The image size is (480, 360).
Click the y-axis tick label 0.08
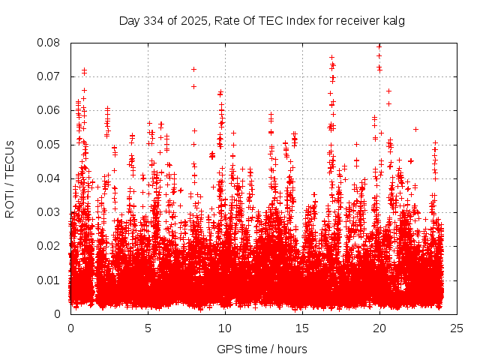(50, 43)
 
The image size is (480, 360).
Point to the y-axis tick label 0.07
(50, 76)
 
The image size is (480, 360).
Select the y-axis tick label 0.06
(50, 110)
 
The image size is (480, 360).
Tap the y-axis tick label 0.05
(50, 144)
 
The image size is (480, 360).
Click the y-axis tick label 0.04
(50, 178)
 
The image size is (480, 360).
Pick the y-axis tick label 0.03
(50, 212)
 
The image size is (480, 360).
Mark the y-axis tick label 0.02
(50, 246)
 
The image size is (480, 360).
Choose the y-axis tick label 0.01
(50, 280)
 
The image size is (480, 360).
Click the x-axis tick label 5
(148, 328)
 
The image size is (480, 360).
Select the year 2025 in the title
(190, 21)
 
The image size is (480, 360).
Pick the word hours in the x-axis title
(291, 349)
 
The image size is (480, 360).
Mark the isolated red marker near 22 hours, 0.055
(415, 129)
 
